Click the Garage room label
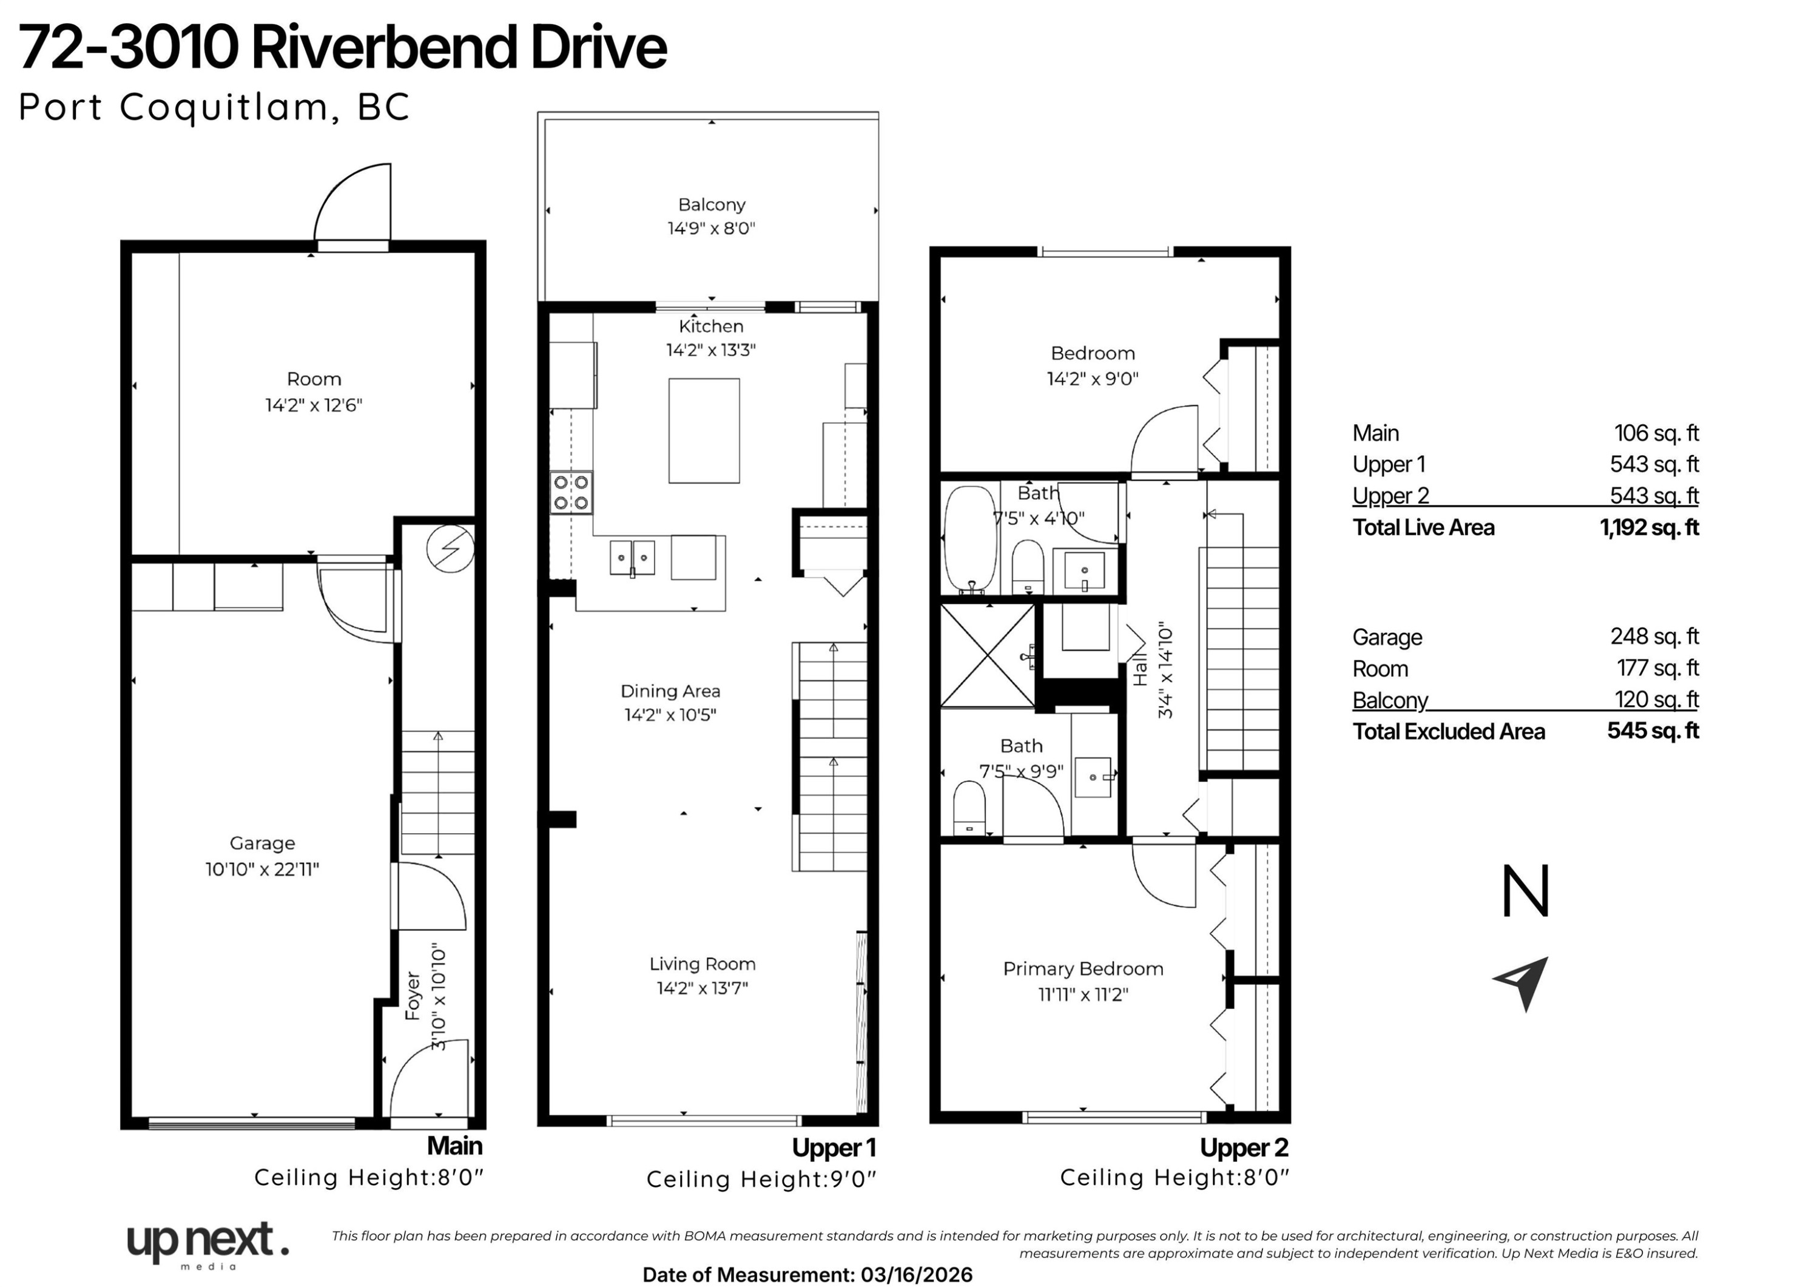tap(262, 843)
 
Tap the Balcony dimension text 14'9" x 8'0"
tap(711, 228)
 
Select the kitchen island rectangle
tap(704, 431)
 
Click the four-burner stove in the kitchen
tap(571, 491)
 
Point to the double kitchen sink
tap(633, 558)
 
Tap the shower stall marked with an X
tap(988, 656)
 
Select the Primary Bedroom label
tap(1083, 968)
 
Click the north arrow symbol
tap(1523, 982)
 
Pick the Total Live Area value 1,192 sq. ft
tap(1649, 527)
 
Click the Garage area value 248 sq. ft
tap(1654, 636)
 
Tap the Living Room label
tap(703, 964)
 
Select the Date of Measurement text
tap(807, 1274)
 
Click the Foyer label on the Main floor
tap(412, 996)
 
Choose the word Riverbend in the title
tap(383, 47)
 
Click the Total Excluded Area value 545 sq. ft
tap(1653, 731)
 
